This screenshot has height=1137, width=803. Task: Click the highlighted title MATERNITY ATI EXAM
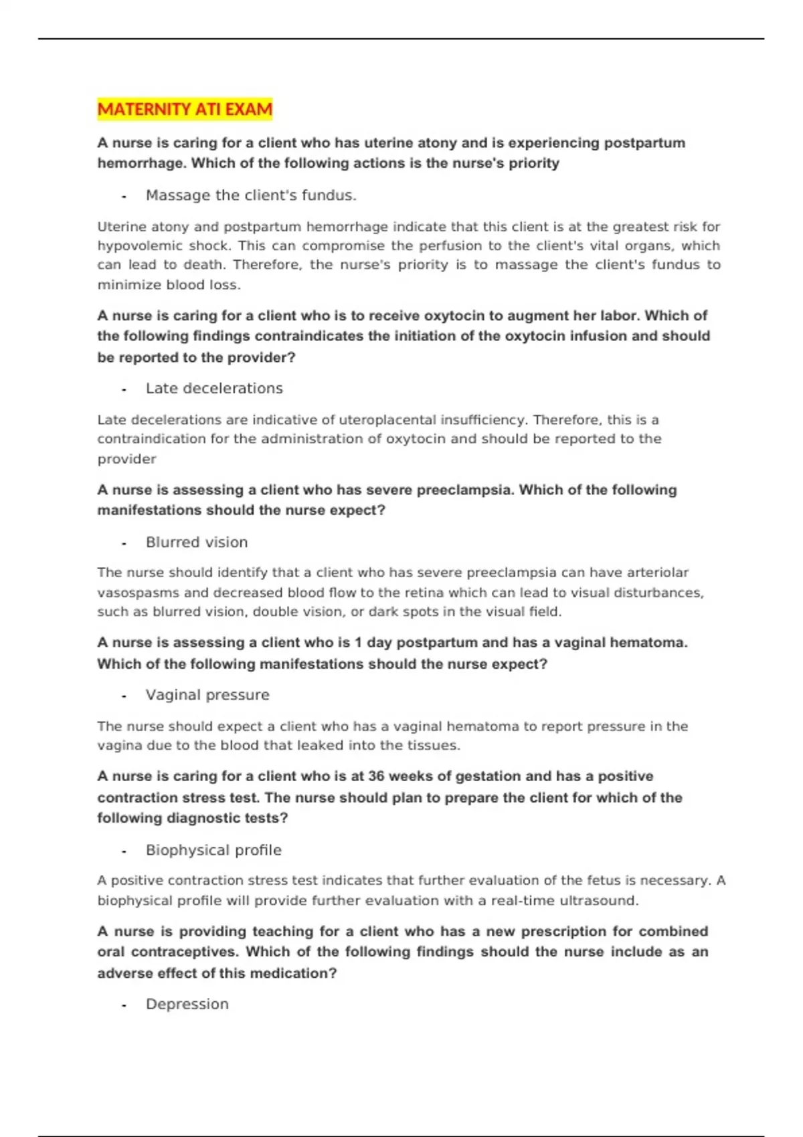(185, 109)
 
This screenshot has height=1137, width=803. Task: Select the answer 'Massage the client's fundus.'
(251, 195)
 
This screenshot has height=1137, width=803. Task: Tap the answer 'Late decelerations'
(214, 389)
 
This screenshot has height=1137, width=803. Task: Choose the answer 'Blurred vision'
(197, 542)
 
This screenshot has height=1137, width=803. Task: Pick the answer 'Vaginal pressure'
(207, 695)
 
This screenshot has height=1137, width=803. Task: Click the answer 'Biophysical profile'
(213, 850)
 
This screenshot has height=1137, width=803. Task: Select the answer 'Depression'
(187, 1004)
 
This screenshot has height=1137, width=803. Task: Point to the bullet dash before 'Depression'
(124, 1006)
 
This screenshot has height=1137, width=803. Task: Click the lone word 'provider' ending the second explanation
(126, 459)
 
